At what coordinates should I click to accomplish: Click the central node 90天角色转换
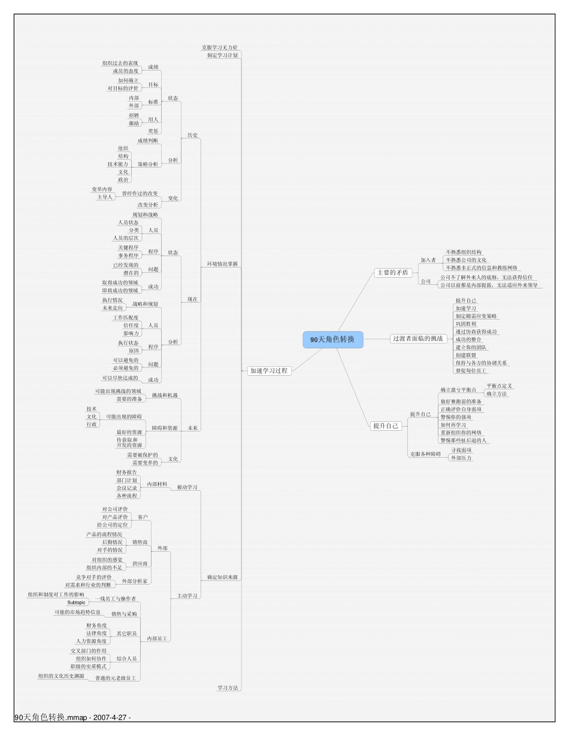click(332, 339)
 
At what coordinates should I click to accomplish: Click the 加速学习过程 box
click(269, 371)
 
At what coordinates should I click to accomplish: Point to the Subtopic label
click(76, 602)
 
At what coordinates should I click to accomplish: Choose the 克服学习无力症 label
click(220, 47)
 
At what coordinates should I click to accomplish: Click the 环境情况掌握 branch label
click(222, 263)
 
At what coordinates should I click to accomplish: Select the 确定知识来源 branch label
click(222, 577)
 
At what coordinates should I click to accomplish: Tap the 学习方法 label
click(228, 688)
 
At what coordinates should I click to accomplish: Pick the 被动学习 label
click(187, 487)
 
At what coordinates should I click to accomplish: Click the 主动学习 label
click(187, 595)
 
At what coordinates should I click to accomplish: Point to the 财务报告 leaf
click(127, 472)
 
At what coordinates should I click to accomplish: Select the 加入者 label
click(428, 260)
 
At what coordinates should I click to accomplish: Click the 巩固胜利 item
click(466, 324)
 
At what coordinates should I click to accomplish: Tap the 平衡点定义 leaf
click(499, 386)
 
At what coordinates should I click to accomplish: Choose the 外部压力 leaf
click(461, 458)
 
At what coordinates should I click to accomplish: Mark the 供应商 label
click(140, 564)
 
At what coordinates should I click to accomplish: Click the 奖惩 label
click(153, 130)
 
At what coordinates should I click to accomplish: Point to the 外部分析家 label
click(135, 581)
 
